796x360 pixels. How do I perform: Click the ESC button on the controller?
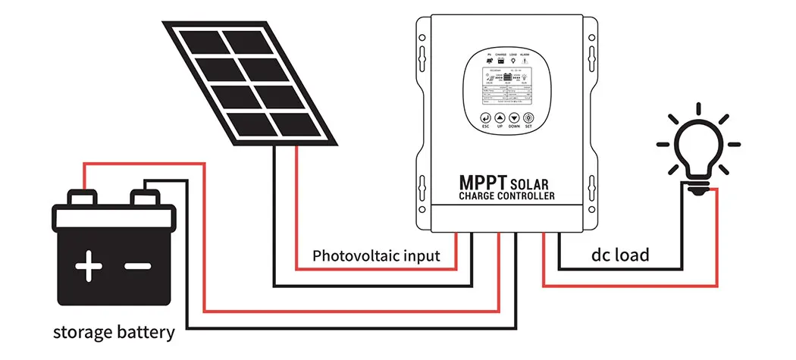coord(485,119)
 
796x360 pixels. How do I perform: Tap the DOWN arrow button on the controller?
coord(514,119)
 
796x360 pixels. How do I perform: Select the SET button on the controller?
coord(528,119)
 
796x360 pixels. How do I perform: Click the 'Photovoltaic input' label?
coord(376,255)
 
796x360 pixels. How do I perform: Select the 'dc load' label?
coord(620,255)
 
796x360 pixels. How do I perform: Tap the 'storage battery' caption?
coord(114,332)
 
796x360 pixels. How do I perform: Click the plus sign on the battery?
coord(89,268)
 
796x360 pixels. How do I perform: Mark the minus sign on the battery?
coord(139,268)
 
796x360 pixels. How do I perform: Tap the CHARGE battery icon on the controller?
coord(501,59)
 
